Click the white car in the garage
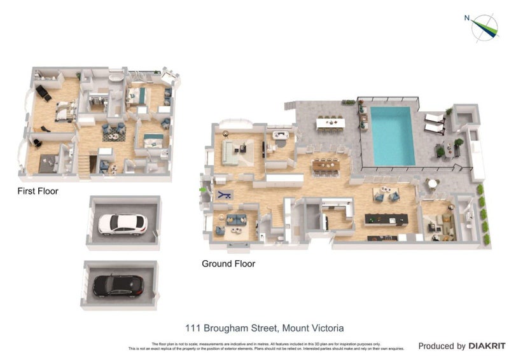point(122,223)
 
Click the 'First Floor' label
point(38,191)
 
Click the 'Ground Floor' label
point(228,263)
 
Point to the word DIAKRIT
point(487,346)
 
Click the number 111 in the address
point(193,328)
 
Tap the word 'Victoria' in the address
point(326,328)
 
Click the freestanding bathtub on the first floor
point(115,78)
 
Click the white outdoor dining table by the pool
point(330,121)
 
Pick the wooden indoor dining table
point(326,165)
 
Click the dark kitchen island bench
point(386,219)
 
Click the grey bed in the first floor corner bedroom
point(48,163)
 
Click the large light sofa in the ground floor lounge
point(230,153)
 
